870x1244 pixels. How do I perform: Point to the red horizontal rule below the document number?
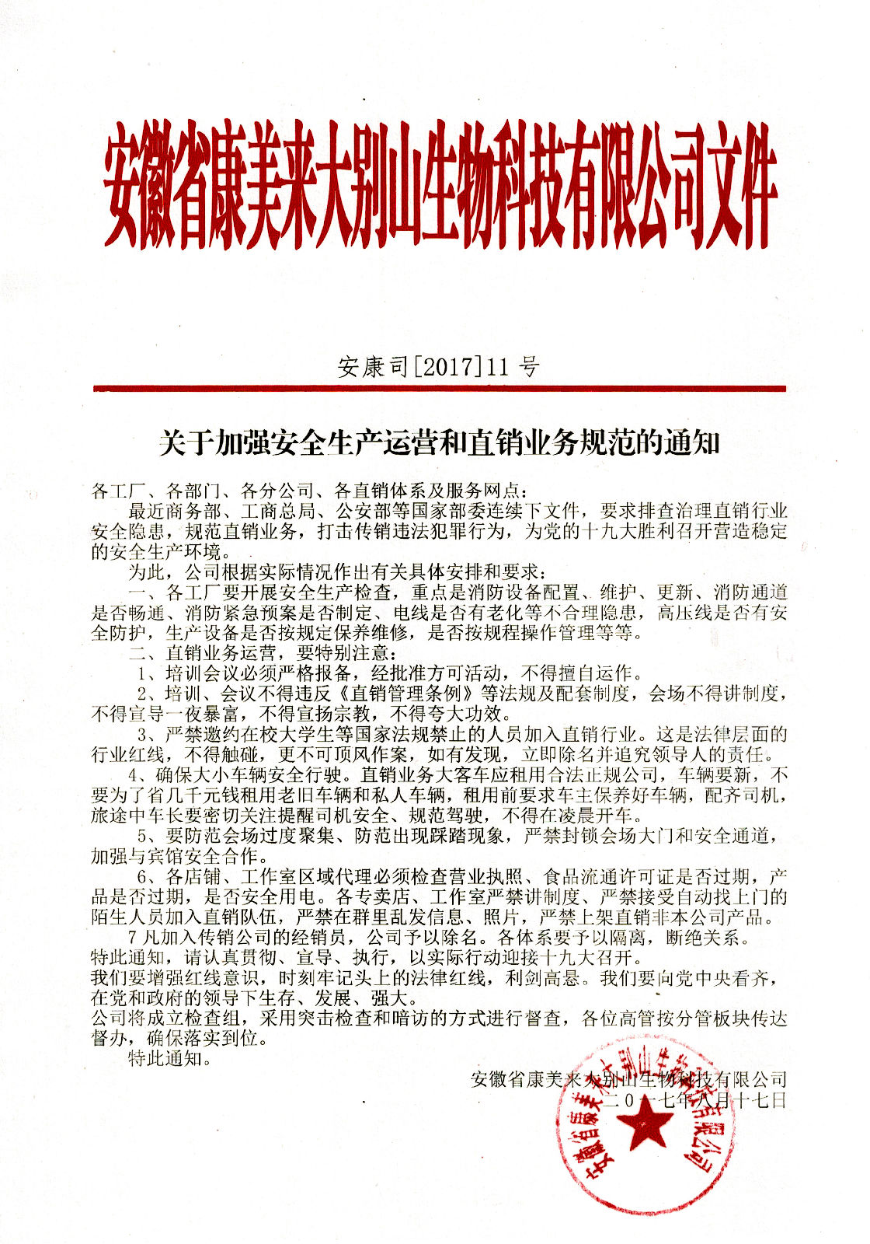(x=439, y=388)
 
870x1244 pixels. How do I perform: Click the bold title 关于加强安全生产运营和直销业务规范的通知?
(x=440, y=444)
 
